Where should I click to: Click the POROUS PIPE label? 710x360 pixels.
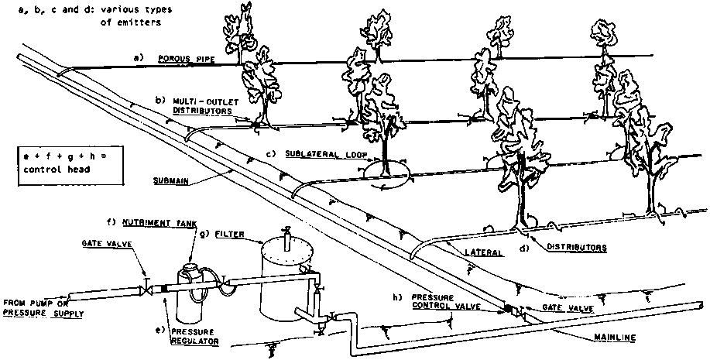point(180,58)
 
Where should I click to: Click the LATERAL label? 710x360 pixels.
point(482,252)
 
